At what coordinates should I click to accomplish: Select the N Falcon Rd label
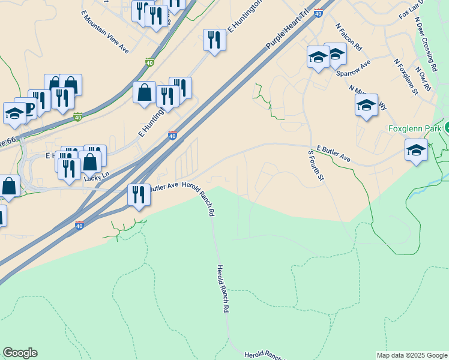(x=349, y=37)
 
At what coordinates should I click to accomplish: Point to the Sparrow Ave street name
(x=354, y=69)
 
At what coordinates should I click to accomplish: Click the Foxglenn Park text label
(x=415, y=128)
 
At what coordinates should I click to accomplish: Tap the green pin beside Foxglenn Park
(x=447, y=128)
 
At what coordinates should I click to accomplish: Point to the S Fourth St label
(x=316, y=166)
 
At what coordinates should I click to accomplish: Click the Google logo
(x=20, y=353)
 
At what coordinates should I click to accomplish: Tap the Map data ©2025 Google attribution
(x=412, y=355)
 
